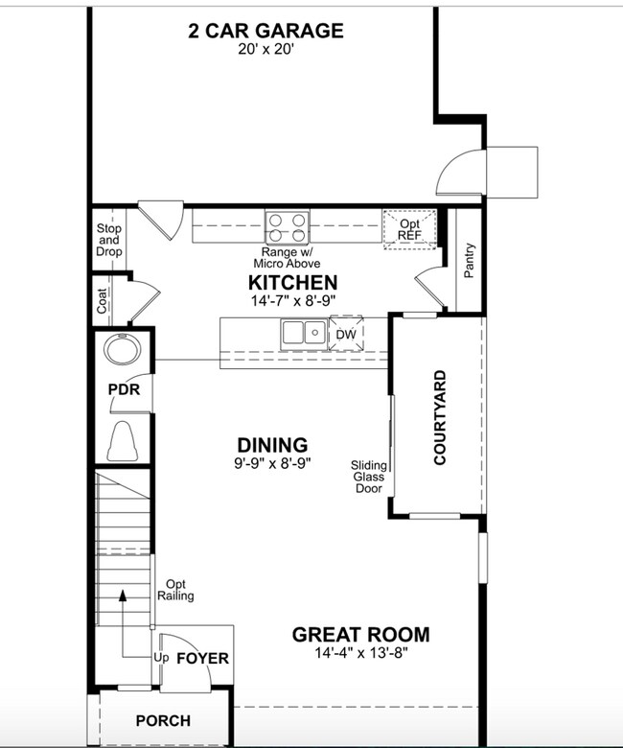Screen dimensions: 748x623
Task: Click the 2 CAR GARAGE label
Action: coord(265,31)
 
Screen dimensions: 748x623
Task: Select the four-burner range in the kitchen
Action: coord(288,227)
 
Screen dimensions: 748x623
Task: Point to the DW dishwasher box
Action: coord(344,334)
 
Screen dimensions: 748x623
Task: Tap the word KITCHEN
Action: coord(292,282)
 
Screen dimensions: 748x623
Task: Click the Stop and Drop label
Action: coord(108,240)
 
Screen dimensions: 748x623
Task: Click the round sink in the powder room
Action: coord(122,350)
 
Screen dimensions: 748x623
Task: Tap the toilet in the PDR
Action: coord(123,441)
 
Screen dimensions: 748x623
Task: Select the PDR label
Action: coord(123,391)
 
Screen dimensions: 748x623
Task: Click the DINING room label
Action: coord(272,445)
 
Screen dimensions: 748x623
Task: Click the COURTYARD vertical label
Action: coord(440,417)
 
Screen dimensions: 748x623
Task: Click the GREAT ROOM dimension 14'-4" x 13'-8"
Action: coord(360,655)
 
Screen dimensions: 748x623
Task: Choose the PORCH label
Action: coord(162,720)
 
